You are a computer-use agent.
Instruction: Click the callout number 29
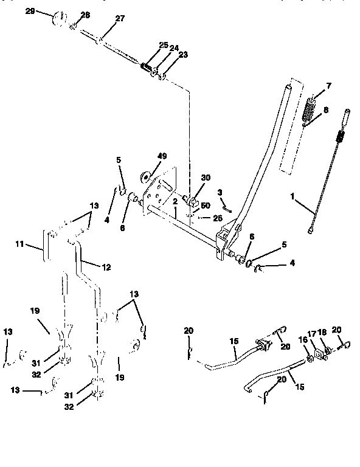click(30, 11)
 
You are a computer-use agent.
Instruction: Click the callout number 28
click(85, 15)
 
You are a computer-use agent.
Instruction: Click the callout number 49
click(162, 156)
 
